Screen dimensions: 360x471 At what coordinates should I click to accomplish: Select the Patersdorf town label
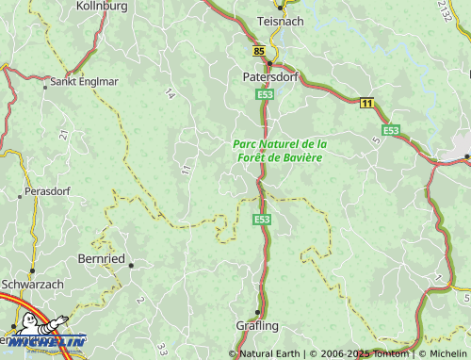tap(269, 77)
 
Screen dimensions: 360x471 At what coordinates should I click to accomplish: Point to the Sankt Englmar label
tap(85, 82)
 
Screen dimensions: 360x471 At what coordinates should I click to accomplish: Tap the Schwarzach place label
tap(32, 283)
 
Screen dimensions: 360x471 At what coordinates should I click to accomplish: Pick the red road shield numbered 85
tap(259, 50)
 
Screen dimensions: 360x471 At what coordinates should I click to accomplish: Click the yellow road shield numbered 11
tap(365, 102)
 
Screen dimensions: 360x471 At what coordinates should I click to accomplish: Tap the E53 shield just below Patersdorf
tap(265, 94)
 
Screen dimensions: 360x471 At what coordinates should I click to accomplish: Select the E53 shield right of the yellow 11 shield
tap(390, 129)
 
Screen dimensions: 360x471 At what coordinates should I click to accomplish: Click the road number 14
tap(170, 92)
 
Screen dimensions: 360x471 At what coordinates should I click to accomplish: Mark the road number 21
tap(64, 136)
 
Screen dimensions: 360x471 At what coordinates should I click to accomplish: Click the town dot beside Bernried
tap(131, 265)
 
